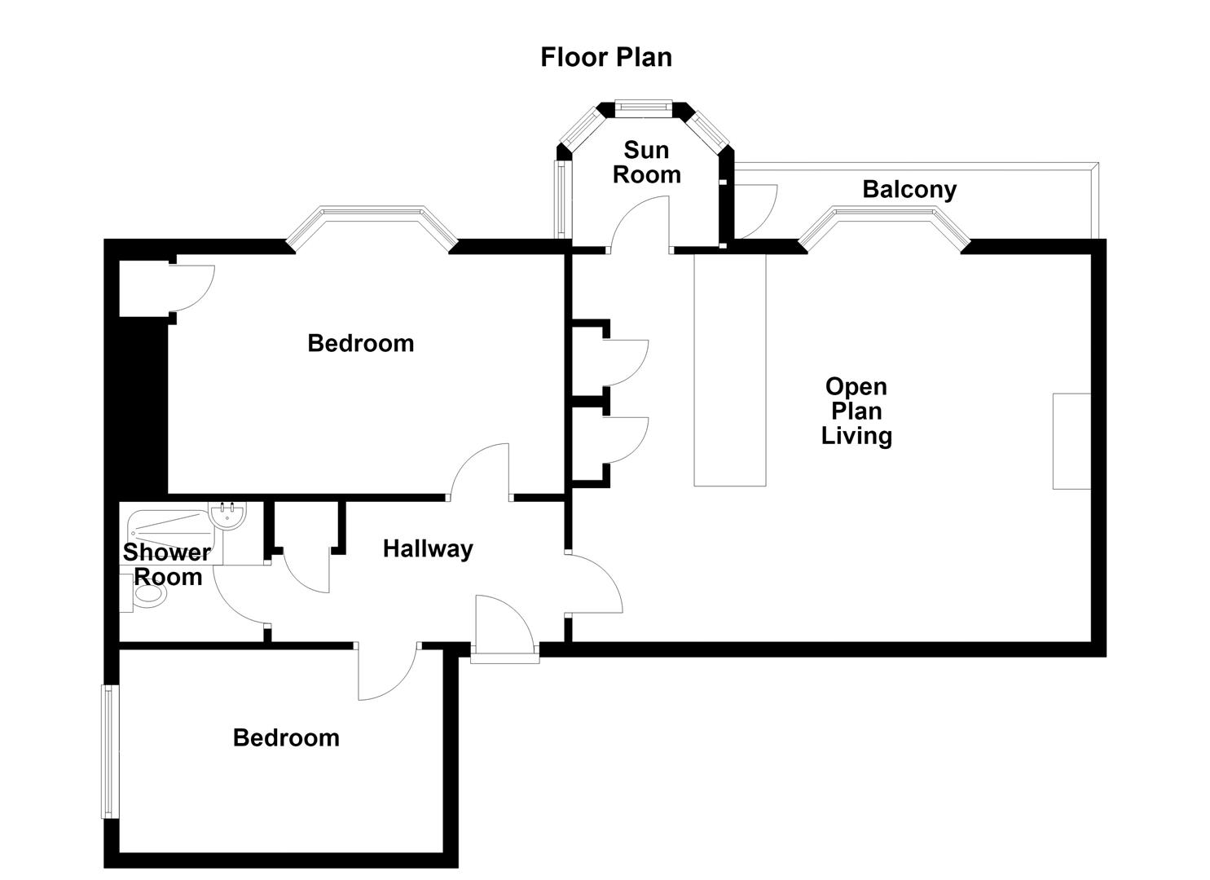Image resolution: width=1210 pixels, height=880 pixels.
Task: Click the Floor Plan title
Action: click(x=606, y=58)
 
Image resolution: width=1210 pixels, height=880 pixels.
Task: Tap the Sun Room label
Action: click(x=647, y=162)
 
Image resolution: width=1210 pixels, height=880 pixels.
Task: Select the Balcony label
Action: click(x=909, y=190)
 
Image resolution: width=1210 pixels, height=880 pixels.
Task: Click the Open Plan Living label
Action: click(x=856, y=411)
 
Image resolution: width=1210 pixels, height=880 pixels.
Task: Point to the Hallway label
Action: click(x=428, y=549)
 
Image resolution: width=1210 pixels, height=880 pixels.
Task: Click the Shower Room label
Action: click(x=167, y=565)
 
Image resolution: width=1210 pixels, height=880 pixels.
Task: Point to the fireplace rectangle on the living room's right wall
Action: click(x=1071, y=442)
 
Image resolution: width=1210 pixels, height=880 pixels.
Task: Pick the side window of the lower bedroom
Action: click(x=109, y=752)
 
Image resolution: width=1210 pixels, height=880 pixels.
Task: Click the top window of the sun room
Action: click(x=644, y=108)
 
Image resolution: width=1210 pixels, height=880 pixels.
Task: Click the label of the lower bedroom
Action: click(x=286, y=738)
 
